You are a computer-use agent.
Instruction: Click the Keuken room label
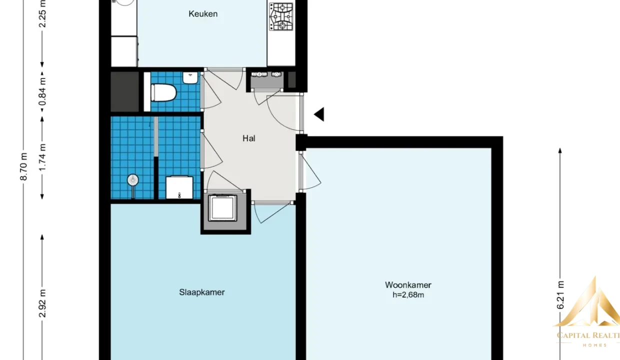pos(203,14)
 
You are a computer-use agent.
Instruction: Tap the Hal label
pos(249,138)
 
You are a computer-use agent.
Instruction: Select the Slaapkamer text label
pos(202,292)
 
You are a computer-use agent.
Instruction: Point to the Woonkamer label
pos(408,284)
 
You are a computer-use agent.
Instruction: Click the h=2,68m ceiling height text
pos(408,295)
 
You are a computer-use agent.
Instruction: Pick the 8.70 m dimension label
pos(24,166)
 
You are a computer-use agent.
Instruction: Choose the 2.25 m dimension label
pos(42,14)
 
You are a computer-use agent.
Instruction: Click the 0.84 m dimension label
pos(42,91)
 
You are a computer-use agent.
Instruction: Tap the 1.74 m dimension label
pos(42,157)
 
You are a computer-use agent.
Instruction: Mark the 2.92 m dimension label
pos(42,303)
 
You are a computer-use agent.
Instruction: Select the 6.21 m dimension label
pos(560,295)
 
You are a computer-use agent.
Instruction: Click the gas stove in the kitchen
pos(281,16)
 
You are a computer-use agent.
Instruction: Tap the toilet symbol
pos(163,92)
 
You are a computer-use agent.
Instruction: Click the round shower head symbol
pos(133,180)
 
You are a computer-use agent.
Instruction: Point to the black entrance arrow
pos(319,114)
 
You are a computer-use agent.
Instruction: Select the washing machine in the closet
pos(223,208)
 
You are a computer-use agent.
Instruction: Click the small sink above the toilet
pos(190,78)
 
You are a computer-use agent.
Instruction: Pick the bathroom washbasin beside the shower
pos(179,187)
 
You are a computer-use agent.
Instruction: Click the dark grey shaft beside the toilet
pos(125,91)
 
